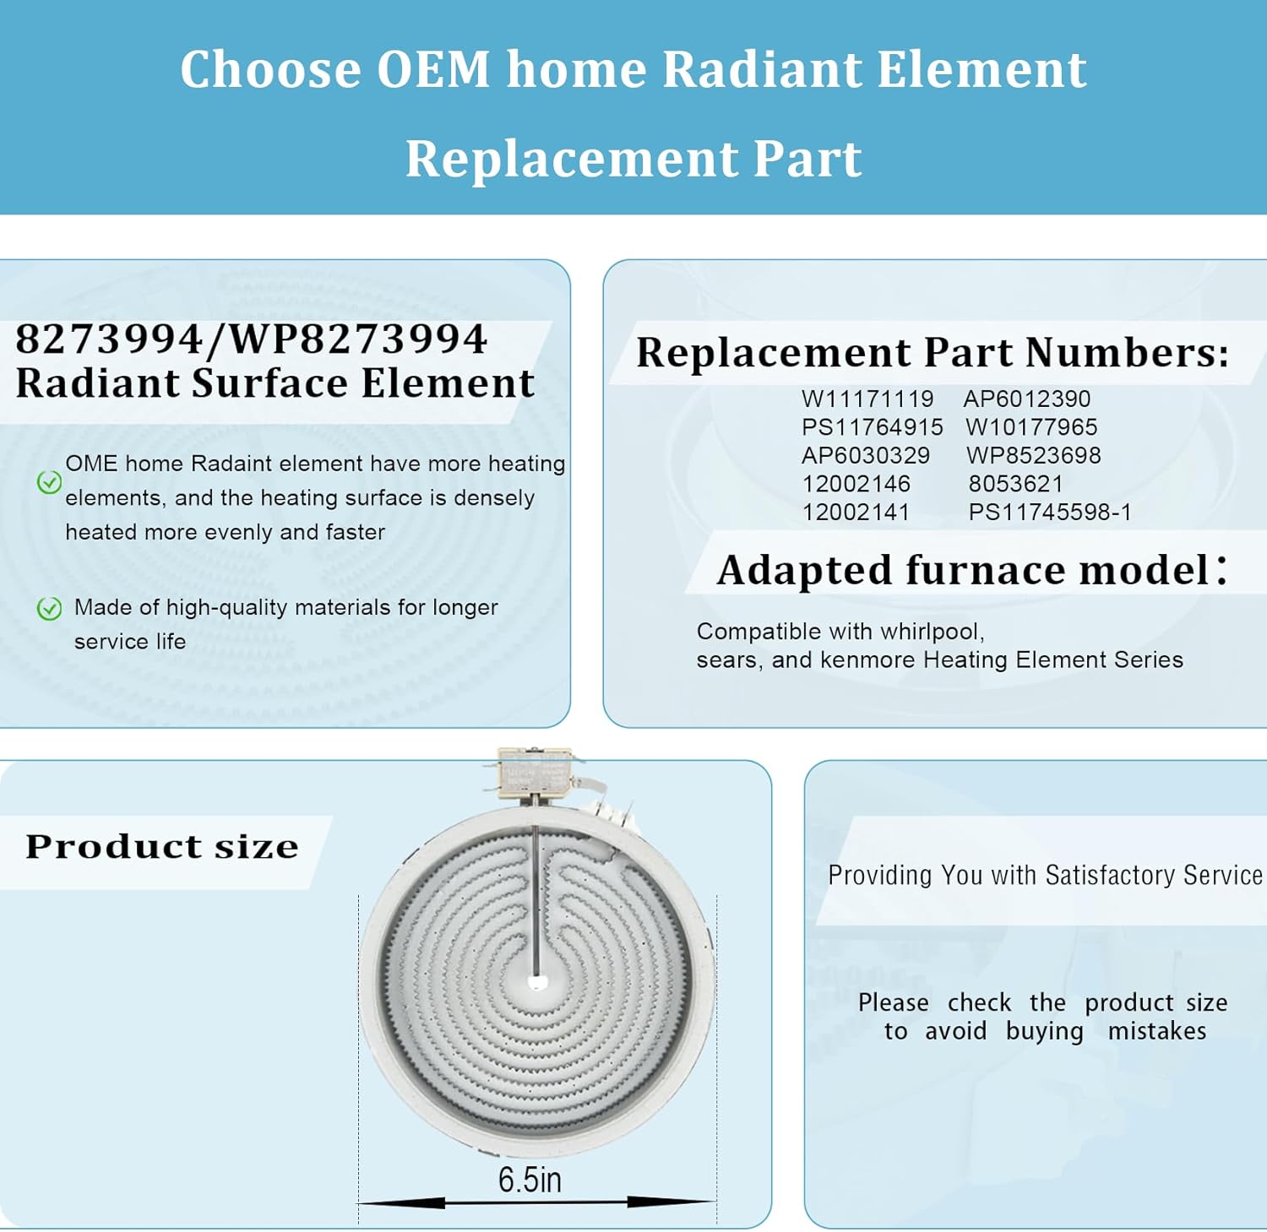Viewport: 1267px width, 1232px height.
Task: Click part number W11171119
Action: [867, 399]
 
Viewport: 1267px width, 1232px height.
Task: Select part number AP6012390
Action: [1026, 399]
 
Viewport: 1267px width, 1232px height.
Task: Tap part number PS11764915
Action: [872, 427]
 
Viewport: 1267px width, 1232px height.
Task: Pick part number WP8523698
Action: [1033, 456]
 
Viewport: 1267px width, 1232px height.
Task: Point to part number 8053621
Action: [1015, 484]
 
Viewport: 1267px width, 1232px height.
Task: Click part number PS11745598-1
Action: [1049, 513]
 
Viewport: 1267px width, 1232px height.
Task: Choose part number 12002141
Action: [856, 513]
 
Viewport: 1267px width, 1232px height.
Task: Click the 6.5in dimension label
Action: [529, 1180]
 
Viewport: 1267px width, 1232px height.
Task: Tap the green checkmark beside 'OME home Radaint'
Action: [49, 482]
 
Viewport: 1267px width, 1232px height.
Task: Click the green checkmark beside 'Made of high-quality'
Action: [49, 608]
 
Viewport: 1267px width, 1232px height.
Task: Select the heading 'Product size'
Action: [161, 847]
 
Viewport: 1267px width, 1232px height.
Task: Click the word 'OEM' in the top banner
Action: [432, 69]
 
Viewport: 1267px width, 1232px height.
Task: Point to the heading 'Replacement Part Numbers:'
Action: [932, 353]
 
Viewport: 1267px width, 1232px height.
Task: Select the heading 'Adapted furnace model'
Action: [963, 570]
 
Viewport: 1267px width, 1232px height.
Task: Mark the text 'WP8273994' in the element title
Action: [357, 339]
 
